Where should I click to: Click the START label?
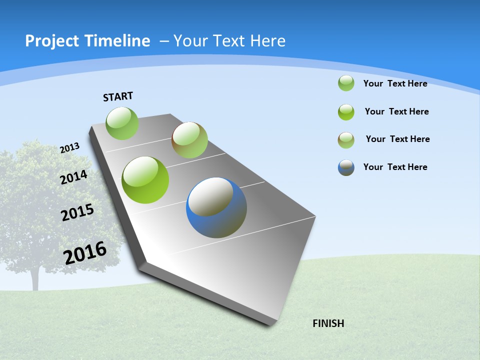[118, 96]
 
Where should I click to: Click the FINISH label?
[328, 323]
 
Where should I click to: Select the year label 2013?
[69, 148]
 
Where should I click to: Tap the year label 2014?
[73, 177]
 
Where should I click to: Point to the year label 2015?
[77, 212]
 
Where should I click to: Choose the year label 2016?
[85, 253]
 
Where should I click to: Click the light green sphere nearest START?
[122, 123]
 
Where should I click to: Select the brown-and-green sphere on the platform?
[189, 140]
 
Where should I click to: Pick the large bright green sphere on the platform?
[145, 180]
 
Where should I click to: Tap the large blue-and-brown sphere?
[216, 207]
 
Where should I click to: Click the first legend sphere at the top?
[346, 83]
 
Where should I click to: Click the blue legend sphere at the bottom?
[346, 167]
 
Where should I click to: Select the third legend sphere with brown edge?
[346, 140]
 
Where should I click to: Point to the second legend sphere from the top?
[346, 112]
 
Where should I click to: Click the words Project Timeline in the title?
[87, 41]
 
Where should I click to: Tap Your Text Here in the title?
[229, 41]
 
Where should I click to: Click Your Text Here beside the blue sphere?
[395, 167]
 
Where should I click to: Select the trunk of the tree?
[35, 280]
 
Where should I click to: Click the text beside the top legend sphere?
[395, 83]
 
